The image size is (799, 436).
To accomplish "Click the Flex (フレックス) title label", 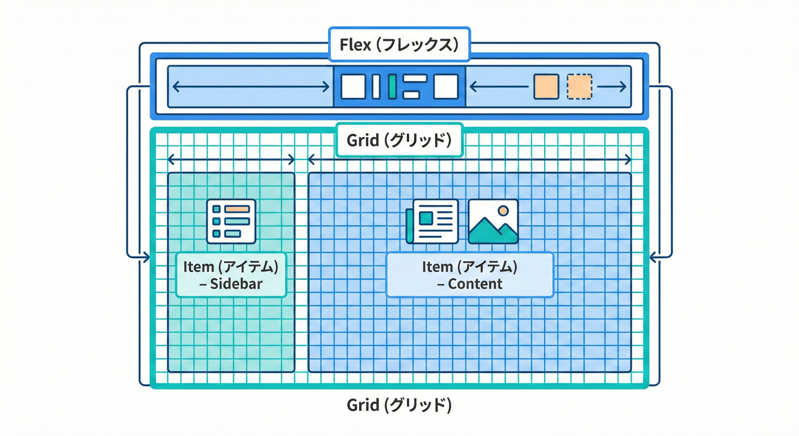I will coord(399,44).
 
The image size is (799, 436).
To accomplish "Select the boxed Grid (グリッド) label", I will coord(399,140).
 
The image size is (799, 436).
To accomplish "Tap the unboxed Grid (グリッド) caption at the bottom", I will coord(399,405).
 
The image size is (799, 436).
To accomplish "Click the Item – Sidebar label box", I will coord(232,275).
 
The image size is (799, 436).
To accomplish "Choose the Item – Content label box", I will coord(469,275).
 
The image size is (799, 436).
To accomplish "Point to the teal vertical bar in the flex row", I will coord(392,86).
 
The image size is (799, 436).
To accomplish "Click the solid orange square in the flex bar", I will coord(546,86).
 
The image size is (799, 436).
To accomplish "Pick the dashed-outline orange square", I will coord(579,86).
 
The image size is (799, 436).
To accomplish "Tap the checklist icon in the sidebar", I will coord(232,221).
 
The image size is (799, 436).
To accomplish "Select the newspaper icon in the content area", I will coord(432,221).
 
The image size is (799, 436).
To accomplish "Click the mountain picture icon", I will coord(493,221).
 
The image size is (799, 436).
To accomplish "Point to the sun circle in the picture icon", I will coord(503,211).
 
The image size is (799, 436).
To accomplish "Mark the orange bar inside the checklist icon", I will coord(237,209).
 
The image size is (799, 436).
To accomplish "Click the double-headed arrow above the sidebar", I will coord(232,160).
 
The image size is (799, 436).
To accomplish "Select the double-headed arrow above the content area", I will coord(469,160).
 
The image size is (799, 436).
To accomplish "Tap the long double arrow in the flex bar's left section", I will coord(251,86).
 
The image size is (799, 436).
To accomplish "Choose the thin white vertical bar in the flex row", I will coord(376,86).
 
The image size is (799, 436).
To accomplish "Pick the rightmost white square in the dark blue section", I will coord(445,86).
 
